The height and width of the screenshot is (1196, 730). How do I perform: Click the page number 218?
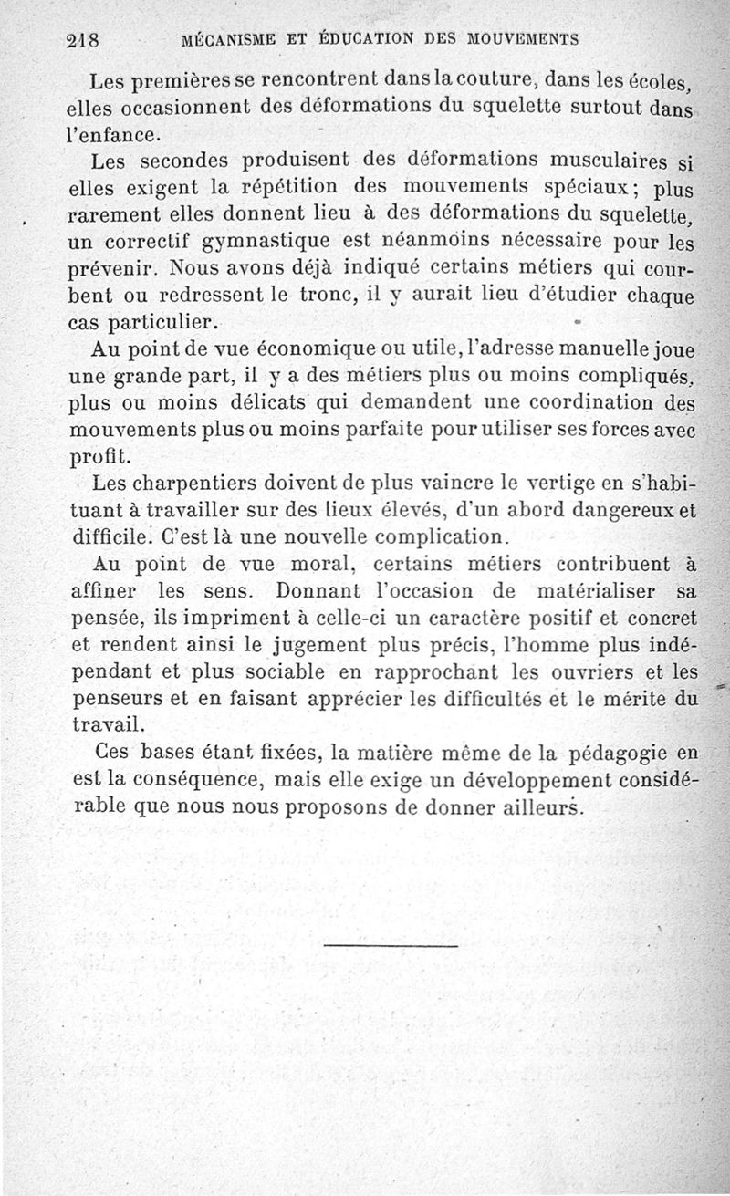click(82, 40)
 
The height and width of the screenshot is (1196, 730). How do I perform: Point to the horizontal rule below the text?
click(391, 946)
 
